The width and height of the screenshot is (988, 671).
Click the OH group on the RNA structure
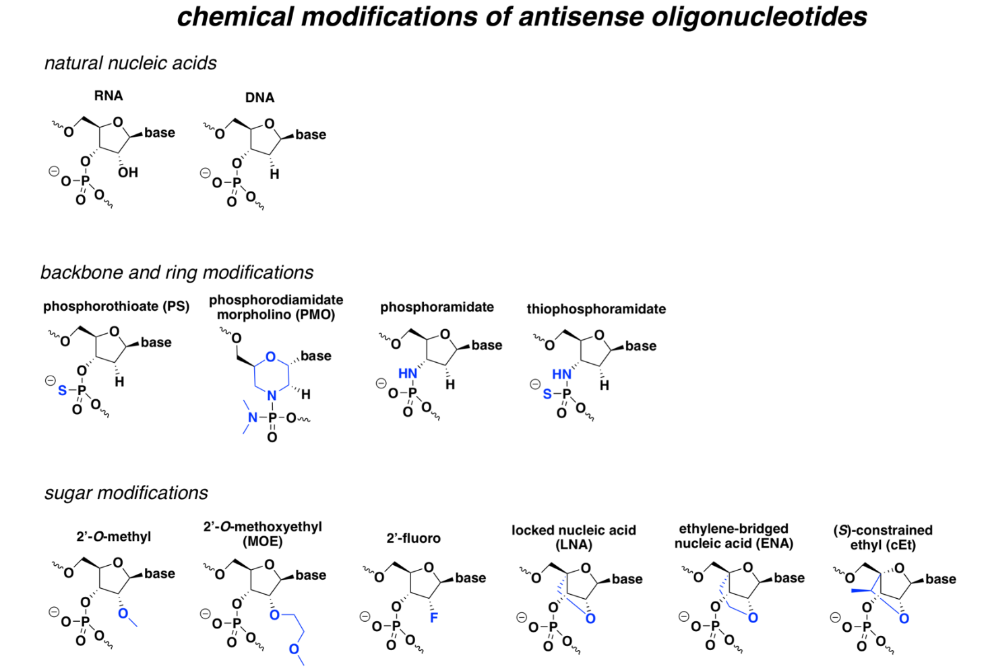(x=128, y=172)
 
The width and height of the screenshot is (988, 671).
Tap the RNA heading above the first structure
(x=109, y=95)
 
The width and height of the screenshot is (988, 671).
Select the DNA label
(x=259, y=97)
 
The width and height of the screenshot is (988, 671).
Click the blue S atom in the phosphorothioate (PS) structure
(x=63, y=390)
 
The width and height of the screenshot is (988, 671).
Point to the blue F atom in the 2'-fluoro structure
(x=434, y=617)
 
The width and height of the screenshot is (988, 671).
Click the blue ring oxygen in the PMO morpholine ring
(x=270, y=357)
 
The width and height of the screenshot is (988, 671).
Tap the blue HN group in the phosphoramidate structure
(x=408, y=374)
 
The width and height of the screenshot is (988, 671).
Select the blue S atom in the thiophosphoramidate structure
(x=547, y=394)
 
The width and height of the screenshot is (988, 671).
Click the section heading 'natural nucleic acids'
(x=131, y=63)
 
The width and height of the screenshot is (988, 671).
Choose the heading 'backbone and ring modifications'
(x=177, y=272)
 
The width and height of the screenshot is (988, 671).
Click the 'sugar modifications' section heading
(x=126, y=493)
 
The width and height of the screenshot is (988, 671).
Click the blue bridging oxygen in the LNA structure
(x=590, y=618)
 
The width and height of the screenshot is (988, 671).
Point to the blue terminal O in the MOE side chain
(x=294, y=649)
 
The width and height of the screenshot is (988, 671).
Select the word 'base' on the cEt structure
(x=941, y=579)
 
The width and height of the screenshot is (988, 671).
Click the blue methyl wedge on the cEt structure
(x=861, y=590)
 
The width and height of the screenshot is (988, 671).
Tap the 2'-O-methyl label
(x=114, y=536)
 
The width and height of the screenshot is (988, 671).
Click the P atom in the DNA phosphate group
(x=237, y=182)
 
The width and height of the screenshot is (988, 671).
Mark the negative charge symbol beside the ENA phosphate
(x=683, y=616)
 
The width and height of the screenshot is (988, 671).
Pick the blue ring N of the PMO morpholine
(x=272, y=396)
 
